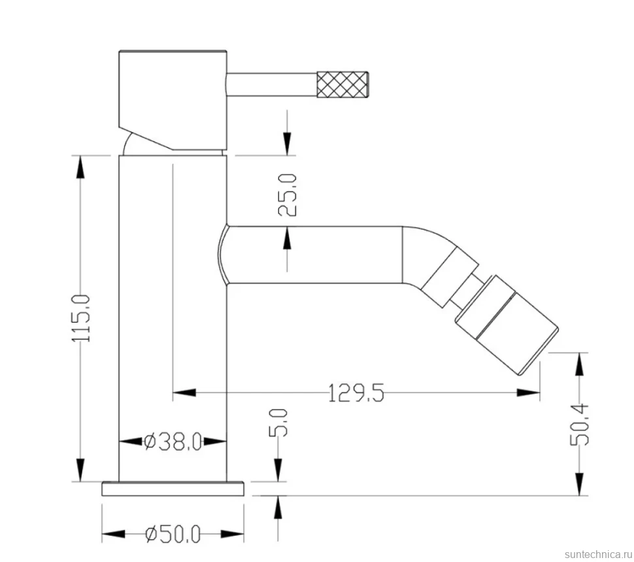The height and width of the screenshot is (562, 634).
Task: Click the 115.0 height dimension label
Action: pyautogui.click(x=81, y=318)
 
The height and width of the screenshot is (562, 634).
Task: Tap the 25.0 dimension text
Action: pyautogui.click(x=288, y=194)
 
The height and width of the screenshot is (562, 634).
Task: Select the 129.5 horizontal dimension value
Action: pyautogui.click(x=356, y=393)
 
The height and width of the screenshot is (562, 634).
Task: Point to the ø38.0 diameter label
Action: pyautogui.click(x=173, y=442)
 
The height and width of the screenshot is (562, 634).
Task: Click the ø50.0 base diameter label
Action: pyautogui.click(x=173, y=535)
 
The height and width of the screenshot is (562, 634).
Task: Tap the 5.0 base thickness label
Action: pyautogui.click(x=278, y=423)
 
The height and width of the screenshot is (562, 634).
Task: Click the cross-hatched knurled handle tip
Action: pyautogui.click(x=342, y=84)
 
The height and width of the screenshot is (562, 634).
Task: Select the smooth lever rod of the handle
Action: pyautogui.click(x=272, y=84)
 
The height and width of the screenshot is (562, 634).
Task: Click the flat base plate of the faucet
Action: pyautogui.click(x=173, y=489)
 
